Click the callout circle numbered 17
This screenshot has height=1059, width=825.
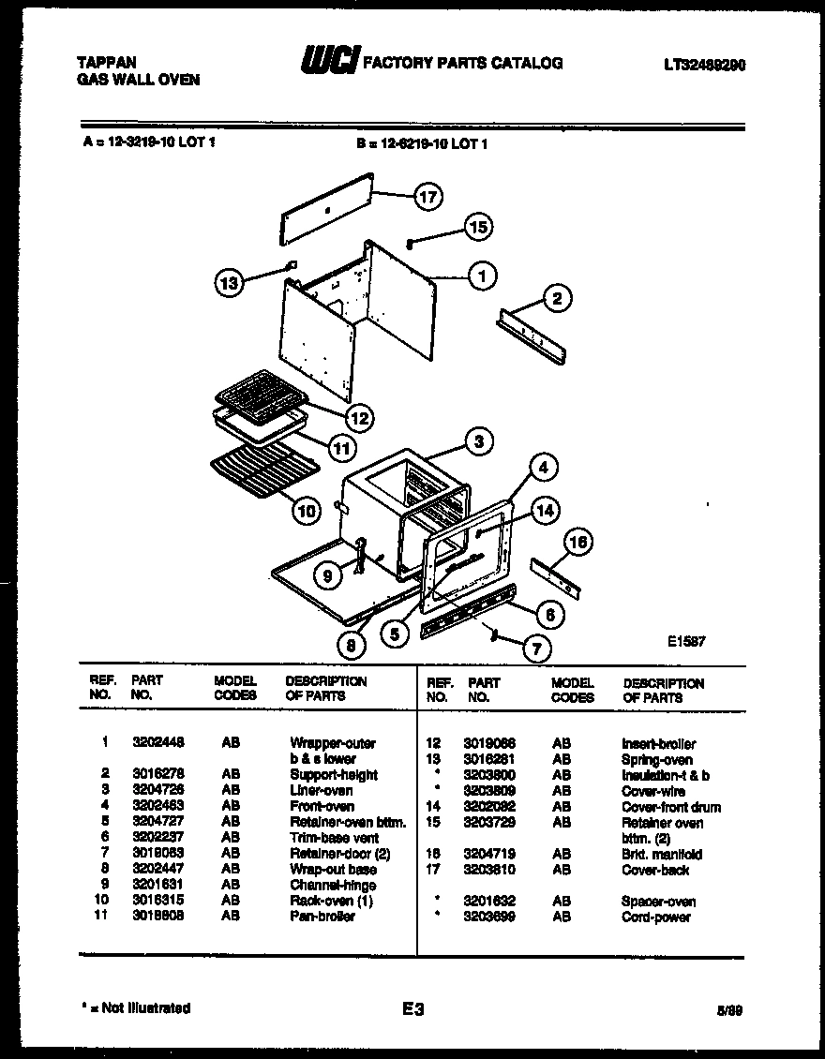pyautogui.click(x=428, y=197)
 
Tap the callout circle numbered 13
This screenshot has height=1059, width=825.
pyautogui.click(x=229, y=282)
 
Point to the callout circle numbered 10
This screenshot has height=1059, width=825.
pyautogui.click(x=305, y=511)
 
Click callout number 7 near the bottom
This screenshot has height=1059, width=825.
pyautogui.click(x=536, y=647)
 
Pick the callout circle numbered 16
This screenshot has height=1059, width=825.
pyautogui.click(x=578, y=543)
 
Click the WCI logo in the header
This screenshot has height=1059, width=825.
pyautogui.click(x=328, y=62)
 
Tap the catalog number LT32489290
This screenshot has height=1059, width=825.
pyautogui.click(x=705, y=65)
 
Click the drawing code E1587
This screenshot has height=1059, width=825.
pyautogui.click(x=686, y=642)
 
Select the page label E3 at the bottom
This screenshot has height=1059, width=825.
pyautogui.click(x=413, y=1009)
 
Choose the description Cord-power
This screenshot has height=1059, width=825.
pyautogui.click(x=656, y=917)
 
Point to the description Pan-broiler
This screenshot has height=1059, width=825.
pyautogui.click(x=322, y=916)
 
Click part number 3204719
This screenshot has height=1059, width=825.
pyautogui.click(x=490, y=855)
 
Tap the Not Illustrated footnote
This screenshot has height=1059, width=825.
pyautogui.click(x=136, y=1008)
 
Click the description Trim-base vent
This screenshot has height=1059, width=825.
pyautogui.click(x=335, y=838)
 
